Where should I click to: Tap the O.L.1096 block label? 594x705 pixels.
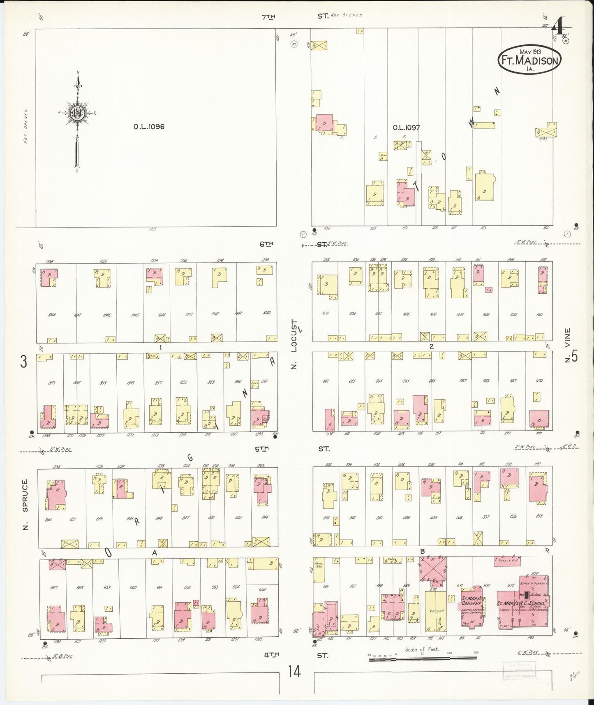149,127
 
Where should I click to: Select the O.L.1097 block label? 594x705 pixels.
406,128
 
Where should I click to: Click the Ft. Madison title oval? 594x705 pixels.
529,60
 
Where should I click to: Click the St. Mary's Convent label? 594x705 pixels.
471,601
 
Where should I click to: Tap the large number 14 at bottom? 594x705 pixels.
294,672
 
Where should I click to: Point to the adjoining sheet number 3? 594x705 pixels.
24,362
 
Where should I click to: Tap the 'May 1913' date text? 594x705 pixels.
530,52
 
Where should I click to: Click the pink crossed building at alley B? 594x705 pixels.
433,569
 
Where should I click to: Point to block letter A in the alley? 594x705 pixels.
155,553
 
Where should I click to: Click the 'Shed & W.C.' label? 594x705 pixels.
508,560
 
